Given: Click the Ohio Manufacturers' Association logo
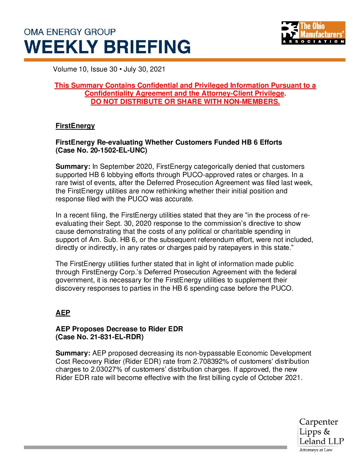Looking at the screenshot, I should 313,33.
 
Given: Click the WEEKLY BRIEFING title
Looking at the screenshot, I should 108,47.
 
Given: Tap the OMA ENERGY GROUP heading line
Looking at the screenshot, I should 70,32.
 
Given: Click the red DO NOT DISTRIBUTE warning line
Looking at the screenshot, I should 185,102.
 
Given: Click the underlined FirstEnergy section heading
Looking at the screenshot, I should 75,126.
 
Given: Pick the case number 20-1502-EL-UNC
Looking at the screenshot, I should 118,150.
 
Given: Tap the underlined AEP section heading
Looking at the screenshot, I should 63,313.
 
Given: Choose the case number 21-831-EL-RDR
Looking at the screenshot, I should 116,337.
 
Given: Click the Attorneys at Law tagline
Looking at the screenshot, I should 316,450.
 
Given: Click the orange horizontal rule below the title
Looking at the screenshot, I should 184,60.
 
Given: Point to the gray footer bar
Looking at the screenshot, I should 155,447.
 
